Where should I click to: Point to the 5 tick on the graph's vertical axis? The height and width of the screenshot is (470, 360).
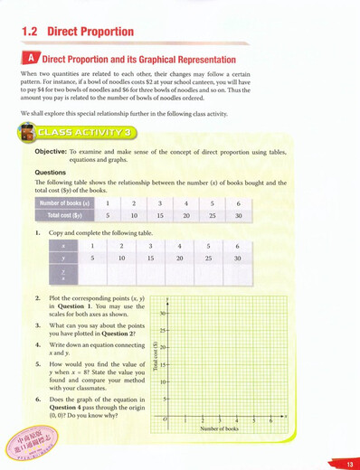pos(165,399)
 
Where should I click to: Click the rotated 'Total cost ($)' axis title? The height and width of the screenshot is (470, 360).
pos(156,357)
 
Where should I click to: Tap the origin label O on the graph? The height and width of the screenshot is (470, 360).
pos(165,420)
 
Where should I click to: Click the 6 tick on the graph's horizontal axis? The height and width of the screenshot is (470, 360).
pos(270,421)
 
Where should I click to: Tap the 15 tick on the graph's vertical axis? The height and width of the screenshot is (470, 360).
pos(164,365)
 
